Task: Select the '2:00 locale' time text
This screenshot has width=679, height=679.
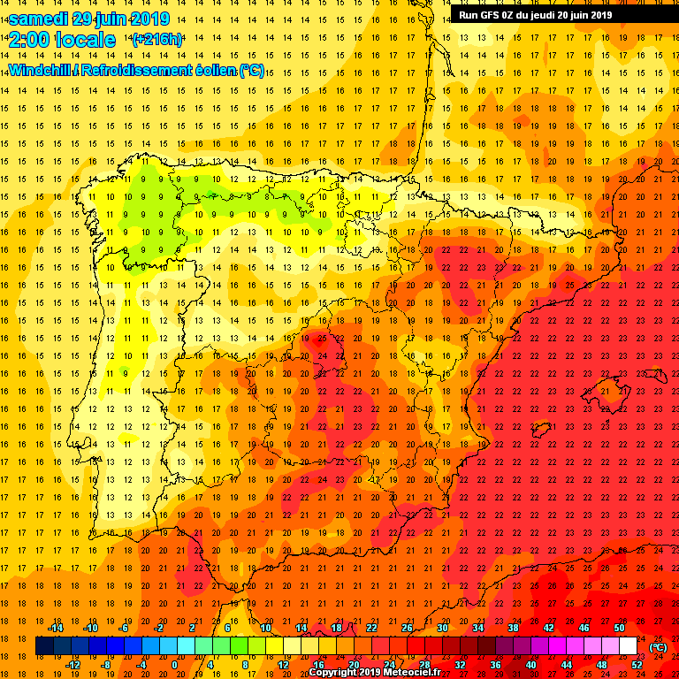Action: (63, 40)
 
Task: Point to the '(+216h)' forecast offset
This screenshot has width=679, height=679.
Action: (157, 40)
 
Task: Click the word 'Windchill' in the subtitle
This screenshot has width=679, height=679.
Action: (40, 70)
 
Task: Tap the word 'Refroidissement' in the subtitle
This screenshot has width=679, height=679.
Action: (136, 70)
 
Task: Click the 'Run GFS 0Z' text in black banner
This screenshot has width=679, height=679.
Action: (486, 14)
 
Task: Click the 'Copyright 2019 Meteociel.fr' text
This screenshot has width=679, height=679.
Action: (374, 672)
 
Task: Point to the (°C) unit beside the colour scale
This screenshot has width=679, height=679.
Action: (658, 647)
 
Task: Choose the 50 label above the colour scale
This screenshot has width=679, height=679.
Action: (619, 628)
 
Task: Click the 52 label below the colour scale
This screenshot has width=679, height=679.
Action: (637, 665)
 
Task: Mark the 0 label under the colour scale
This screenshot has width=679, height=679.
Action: (174, 665)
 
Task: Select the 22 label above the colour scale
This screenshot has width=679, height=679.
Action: (371, 628)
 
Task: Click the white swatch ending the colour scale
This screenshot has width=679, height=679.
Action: (628, 646)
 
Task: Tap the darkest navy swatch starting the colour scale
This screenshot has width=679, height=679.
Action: (44, 646)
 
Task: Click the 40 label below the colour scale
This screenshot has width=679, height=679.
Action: (530, 665)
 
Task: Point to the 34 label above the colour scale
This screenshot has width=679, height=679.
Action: (477, 628)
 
